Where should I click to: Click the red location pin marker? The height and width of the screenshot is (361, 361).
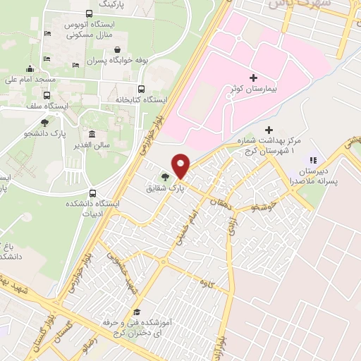(x=181, y=166)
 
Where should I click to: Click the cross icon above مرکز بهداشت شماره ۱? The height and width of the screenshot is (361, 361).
(x=268, y=130)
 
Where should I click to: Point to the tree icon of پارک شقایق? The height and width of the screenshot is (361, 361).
(x=164, y=177)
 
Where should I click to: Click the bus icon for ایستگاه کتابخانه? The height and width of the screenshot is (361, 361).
(x=142, y=90)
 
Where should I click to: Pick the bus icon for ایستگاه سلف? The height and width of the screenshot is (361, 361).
(x=47, y=96)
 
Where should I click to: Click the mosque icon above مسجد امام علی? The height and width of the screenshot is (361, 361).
(x=30, y=69)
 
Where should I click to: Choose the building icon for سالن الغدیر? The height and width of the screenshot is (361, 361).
(x=92, y=135)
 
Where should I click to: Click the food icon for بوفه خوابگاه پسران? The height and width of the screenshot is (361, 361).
(x=125, y=49)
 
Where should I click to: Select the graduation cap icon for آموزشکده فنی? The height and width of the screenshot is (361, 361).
(x=138, y=312)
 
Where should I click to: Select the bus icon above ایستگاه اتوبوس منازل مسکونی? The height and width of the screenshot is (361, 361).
(x=88, y=13)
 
